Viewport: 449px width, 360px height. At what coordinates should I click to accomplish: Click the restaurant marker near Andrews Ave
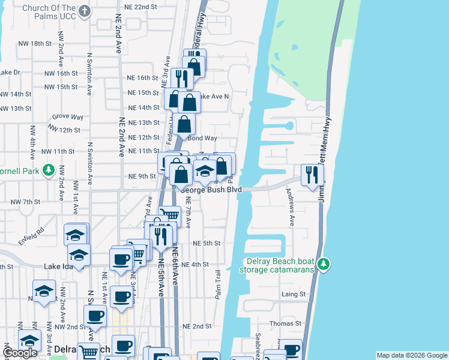click(312, 175)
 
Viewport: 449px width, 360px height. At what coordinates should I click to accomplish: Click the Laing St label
click(294, 295)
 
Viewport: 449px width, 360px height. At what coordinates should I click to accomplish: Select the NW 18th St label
click(36, 44)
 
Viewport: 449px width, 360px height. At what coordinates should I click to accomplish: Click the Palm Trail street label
click(218, 284)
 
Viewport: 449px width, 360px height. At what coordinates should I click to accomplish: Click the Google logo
click(20, 353)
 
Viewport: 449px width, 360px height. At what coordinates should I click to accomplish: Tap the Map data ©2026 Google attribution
click(411, 355)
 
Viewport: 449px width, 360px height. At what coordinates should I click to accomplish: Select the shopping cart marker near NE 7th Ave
click(171, 214)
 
